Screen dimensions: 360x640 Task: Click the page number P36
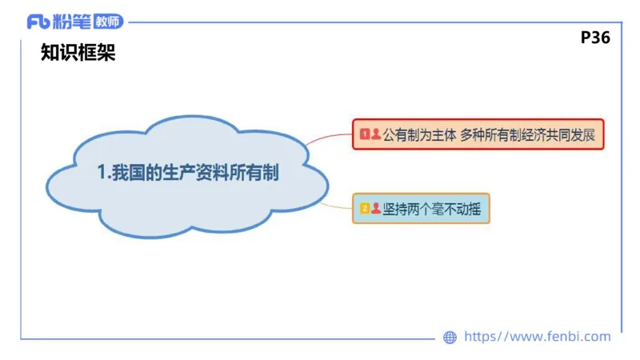[x=595, y=37]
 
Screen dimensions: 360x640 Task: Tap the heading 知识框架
[x=78, y=54]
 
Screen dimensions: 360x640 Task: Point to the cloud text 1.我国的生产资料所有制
[x=188, y=172]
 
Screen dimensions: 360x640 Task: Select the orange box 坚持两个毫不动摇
[x=421, y=208]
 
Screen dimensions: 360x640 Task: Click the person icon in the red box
[x=376, y=134]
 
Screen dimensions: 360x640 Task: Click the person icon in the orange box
[x=376, y=208]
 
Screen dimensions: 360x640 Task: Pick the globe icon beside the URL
[x=450, y=338]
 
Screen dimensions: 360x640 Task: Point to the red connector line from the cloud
[x=328, y=138]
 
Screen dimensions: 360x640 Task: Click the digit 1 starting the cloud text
[x=102, y=172]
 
